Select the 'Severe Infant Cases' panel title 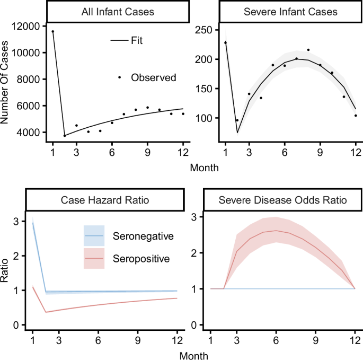(278, 12)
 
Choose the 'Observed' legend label (154, 77)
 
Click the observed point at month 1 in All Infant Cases (52, 31)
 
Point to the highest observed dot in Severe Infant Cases (308, 50)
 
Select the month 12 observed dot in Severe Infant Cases (356, 116)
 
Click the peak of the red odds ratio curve (276, 231)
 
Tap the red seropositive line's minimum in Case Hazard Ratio (46, 312)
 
